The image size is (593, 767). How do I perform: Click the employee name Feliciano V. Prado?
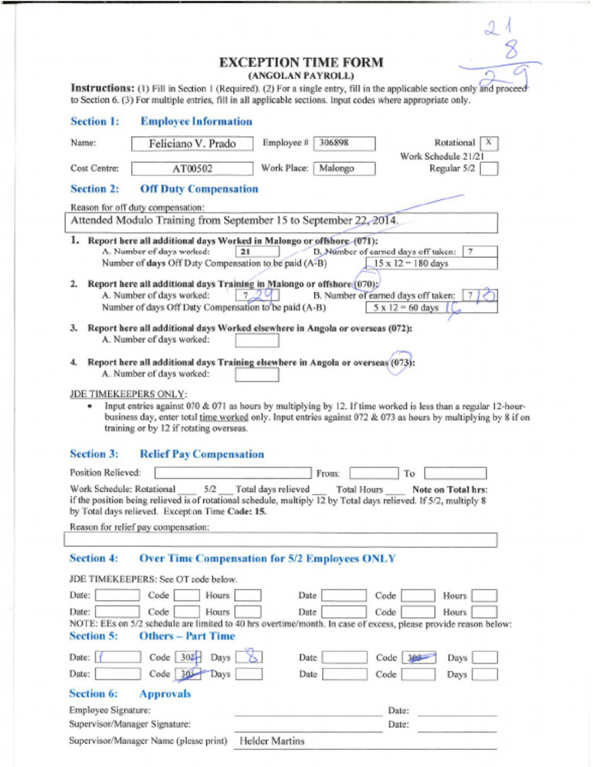pyautogui.click(x=193, y=143)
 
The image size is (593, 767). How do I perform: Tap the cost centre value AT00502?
pyautogui.click(x=193, y=168)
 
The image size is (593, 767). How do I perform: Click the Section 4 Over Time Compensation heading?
pyautogui.click(x=266, y=558)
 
